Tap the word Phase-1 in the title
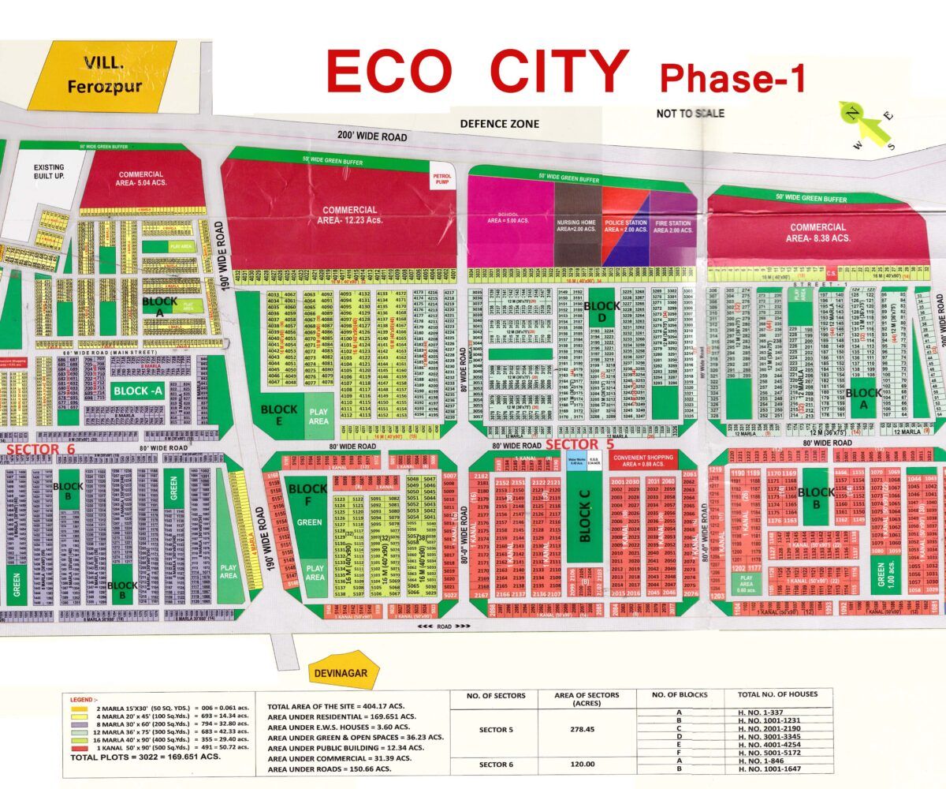tap(733, 79)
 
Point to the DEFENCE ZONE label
tap(500, 124)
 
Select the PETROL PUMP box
tap(440, 179)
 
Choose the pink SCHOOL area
tap(511, 221)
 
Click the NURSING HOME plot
tap(578, 225)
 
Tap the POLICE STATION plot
tap(625, 225)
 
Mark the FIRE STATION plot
tap(673, 225)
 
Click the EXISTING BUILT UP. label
tap(48, 172)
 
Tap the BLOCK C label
tap(584, 525)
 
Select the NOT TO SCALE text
tap(690, 114)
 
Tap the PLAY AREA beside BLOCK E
tap(318, 416)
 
